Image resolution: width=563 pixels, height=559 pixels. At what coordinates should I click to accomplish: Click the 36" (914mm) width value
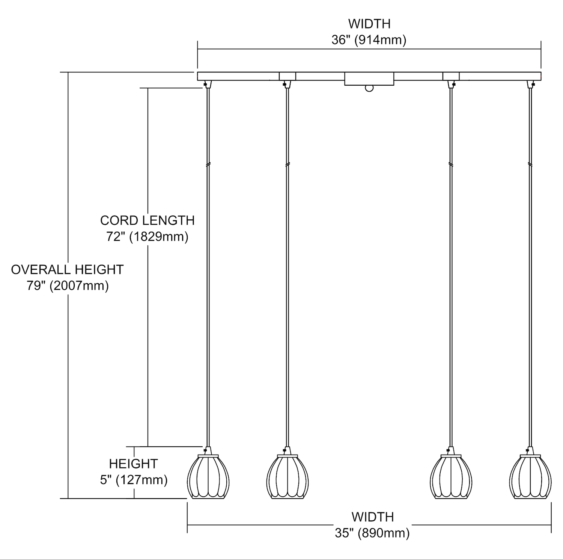(x=369, y=40)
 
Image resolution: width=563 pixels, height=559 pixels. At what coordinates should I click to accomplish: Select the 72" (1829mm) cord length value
(x=147, y=237)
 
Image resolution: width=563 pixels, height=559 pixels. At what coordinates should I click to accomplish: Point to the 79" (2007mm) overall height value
(x=68, y=286)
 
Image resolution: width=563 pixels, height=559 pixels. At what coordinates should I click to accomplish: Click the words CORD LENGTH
(x=147, y=220)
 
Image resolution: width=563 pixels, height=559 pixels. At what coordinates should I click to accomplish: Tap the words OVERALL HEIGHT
(x=67, y=269)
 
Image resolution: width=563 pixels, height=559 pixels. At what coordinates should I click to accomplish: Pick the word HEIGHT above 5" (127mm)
(x=133, y=464)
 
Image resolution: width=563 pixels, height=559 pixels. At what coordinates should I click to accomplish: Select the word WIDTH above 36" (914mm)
(x=369, y=24)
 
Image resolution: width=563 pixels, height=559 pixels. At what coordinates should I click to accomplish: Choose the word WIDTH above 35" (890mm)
(x=373, y=517)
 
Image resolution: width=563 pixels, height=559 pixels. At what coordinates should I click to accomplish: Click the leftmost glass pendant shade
(x=208, y=477)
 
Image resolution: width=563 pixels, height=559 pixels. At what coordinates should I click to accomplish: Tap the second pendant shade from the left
(x=287, y=477)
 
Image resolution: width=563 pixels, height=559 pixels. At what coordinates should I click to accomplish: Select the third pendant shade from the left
(x=451, y=477)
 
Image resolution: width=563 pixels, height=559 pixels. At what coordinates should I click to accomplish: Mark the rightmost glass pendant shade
(x=530, y=477)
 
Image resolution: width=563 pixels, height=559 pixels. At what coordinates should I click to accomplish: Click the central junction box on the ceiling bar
(x=369, y=79)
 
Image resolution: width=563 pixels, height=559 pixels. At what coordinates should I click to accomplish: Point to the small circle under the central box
(x=369, y=88)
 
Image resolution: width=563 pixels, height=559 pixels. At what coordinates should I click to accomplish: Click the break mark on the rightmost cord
(x=530, y=164)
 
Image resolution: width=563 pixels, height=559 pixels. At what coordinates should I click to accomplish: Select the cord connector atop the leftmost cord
(x=208, y=84)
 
